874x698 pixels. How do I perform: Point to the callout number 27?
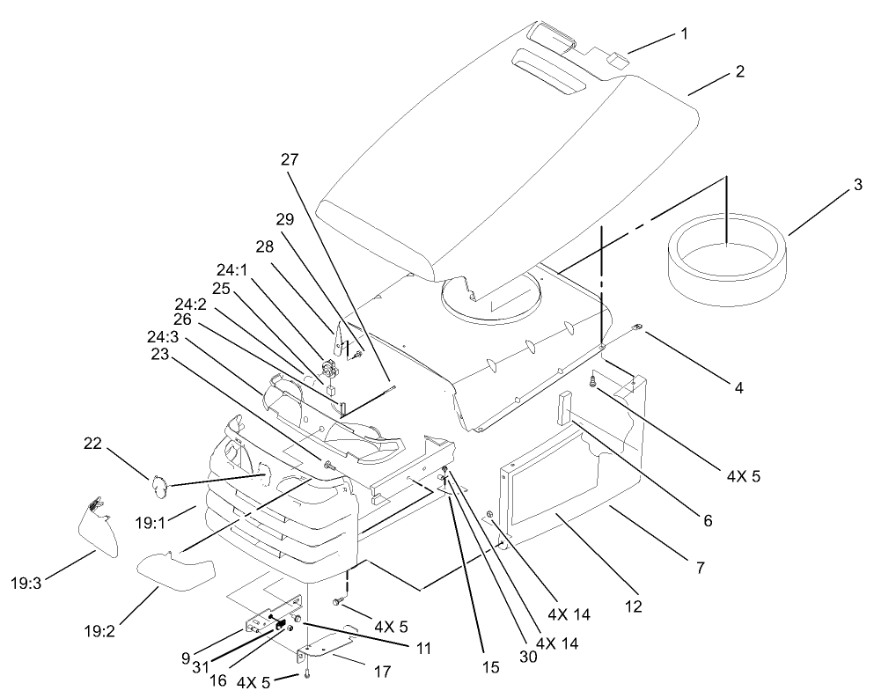tap(290, 160)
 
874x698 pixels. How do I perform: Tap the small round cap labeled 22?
tap(158, 483)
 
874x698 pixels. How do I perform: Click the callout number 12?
tap(634, 606)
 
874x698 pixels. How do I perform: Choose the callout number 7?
tap(701, 568)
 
